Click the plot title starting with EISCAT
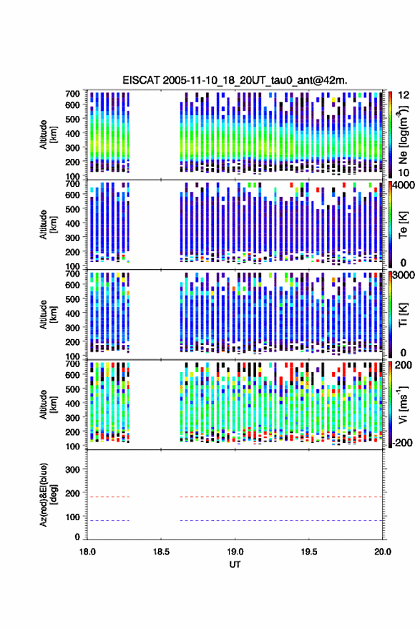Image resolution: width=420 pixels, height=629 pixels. coord(235,80)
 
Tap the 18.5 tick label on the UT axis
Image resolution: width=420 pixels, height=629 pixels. coord(161,552)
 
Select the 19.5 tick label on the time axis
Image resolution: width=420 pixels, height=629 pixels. coord(308,552)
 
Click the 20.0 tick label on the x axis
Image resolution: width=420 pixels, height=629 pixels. coord(382,552)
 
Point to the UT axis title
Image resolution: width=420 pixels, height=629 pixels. coord(235,565)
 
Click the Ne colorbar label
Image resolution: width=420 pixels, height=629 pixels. coord(403,135)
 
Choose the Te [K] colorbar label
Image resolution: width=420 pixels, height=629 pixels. coord(403,225)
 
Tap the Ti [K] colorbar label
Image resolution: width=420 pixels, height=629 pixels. coord(403,315)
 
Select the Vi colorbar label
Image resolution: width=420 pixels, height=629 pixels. coord(403,404)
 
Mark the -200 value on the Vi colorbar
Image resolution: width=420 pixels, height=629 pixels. coord(402,442)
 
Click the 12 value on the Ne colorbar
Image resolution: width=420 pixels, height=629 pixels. coord(404,95)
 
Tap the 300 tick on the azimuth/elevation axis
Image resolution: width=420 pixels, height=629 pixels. coord(72,469)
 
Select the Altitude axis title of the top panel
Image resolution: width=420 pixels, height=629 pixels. coord(48,135)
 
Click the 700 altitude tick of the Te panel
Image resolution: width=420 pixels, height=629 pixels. coord(72,184)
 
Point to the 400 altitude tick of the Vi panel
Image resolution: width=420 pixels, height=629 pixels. coord(72,403)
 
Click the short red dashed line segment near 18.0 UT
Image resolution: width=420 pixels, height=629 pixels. coord(108,497)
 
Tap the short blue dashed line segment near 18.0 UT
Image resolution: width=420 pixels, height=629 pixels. coord(108,521)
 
